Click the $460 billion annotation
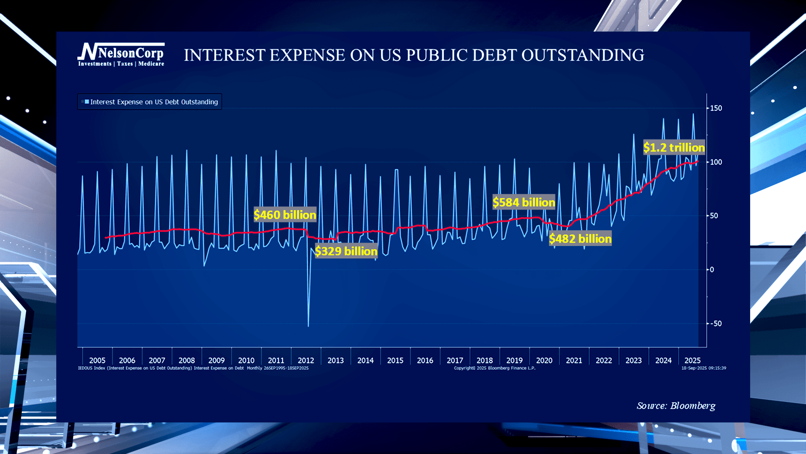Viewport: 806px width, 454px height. click(285, 215)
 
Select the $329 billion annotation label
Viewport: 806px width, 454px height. click(346, 251)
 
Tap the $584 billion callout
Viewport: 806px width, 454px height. click(523, 202)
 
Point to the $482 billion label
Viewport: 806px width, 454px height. click(580, 239)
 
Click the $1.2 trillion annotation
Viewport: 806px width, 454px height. click(674, 148)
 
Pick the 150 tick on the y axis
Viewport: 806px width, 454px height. click(716, 108)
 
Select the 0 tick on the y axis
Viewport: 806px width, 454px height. click(712, 269)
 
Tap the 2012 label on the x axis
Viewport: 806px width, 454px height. click(306, 360)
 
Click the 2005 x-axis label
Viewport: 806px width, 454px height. click(97, 360)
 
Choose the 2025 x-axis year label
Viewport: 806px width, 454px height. click(692, 360)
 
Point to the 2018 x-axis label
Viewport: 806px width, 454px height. click(484, 360)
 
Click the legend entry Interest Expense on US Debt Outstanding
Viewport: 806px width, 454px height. click(154, 102)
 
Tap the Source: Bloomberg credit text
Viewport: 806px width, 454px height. click(676, 406)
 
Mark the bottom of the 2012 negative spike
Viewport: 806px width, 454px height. click(309, 326)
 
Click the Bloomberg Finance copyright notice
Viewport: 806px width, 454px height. click(495, 368)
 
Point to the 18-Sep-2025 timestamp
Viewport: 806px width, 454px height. click(704, 368)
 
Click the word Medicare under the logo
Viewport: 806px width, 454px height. click(151, 64)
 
